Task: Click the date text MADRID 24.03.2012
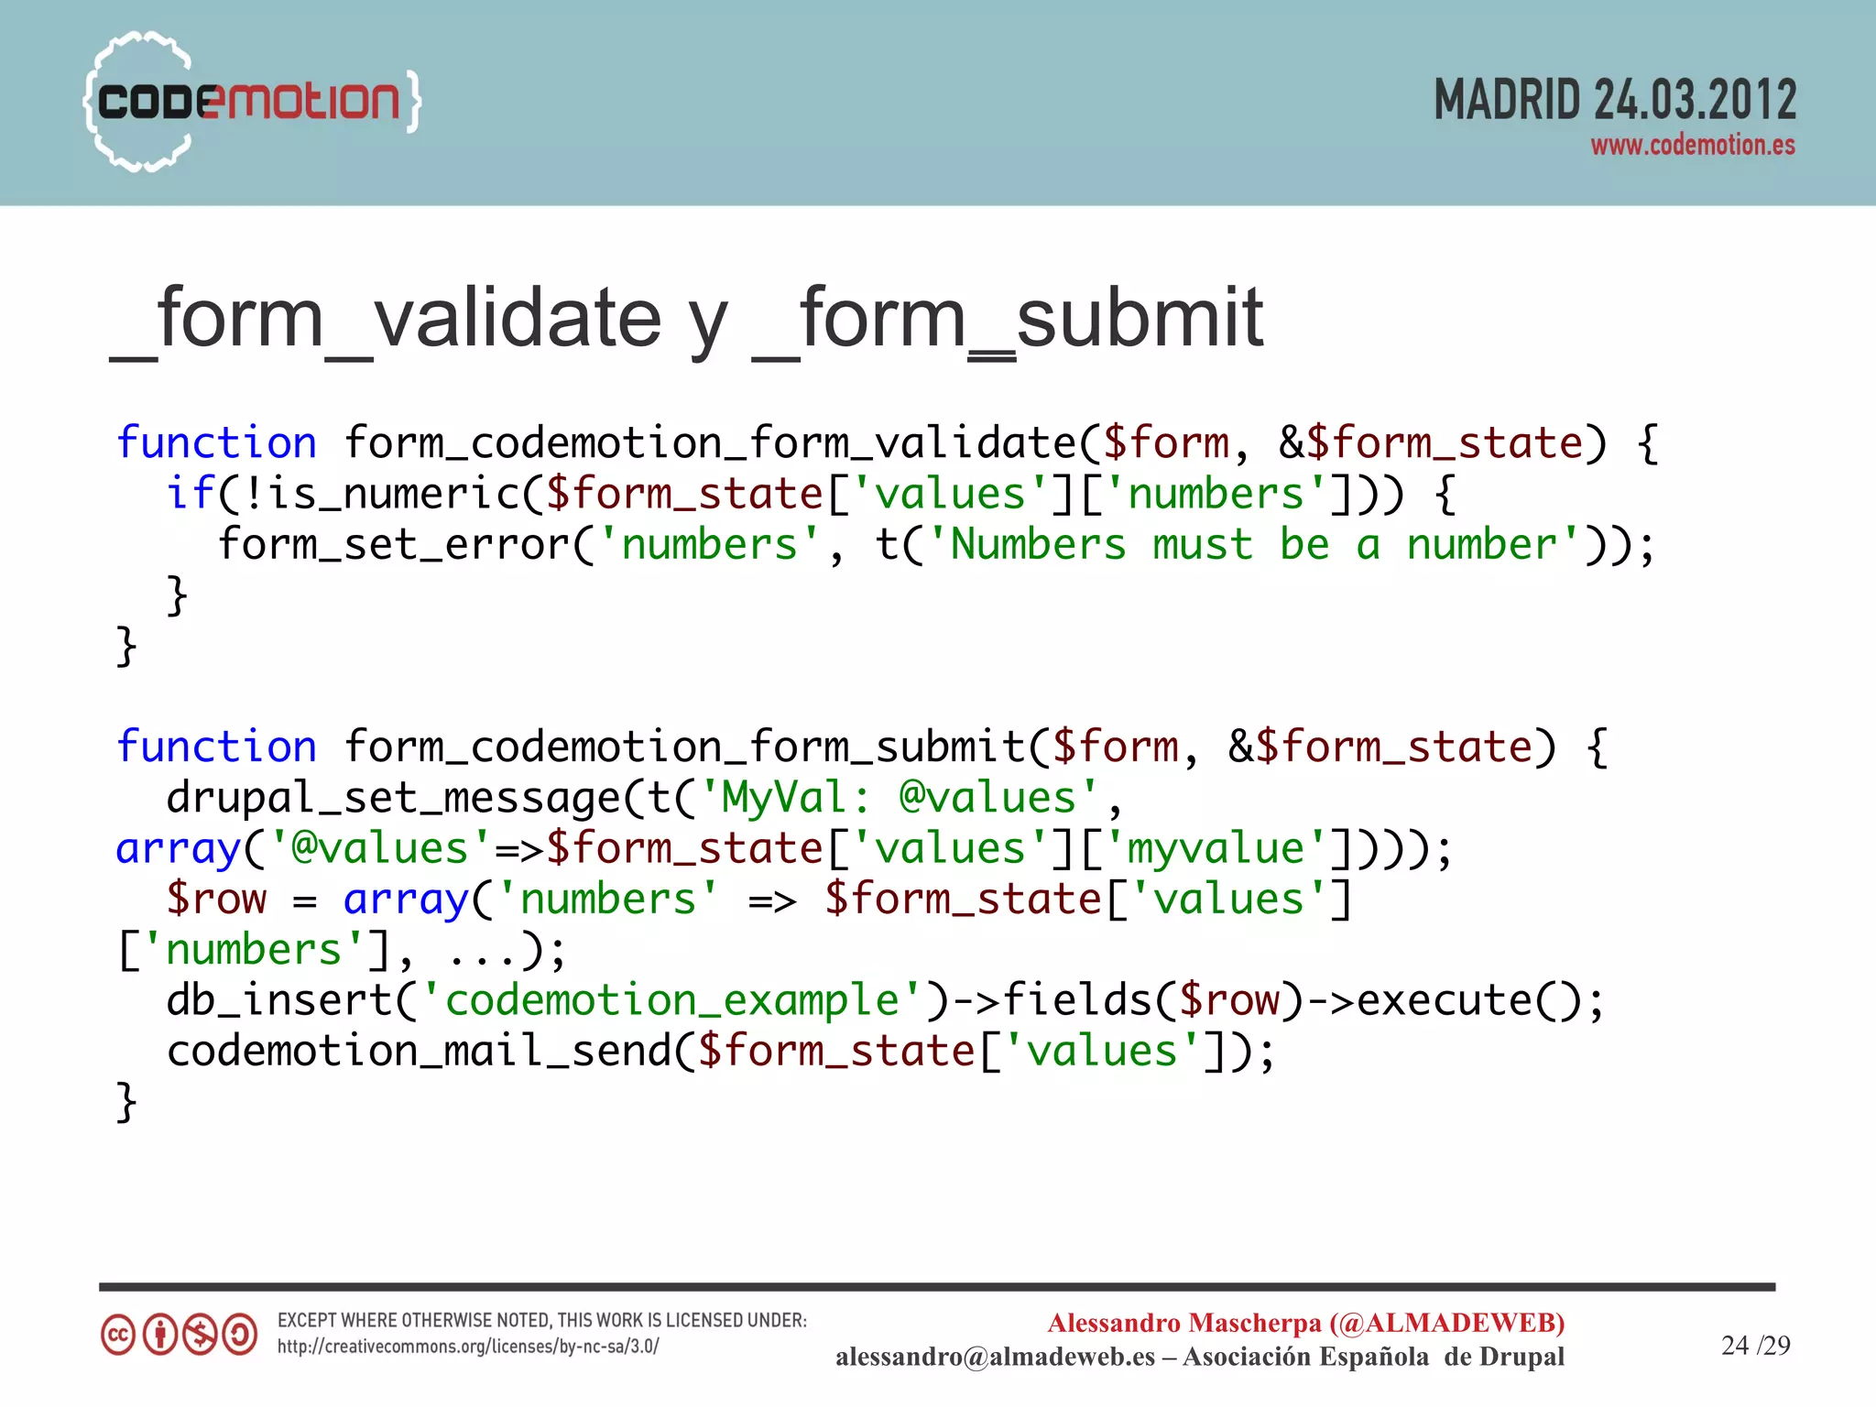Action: [x=1614, y=100]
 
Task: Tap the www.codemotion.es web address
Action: [x=1692, y=146]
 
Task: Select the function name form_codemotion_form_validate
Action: [x=710, y=443]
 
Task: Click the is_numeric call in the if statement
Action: [x=394, y=494]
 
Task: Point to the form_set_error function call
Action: [x=394, y=545]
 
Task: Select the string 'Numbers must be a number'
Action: [x=1255, y=545]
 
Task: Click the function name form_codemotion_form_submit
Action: [x=684, y=747]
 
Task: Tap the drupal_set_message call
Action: [x=394, y=798]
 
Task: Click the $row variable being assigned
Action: [x=216, y=900]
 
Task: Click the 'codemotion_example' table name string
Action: [x=672, y=1000]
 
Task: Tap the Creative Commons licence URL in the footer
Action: [x=468, y=1347]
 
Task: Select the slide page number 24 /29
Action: [x=1755, y=1345]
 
